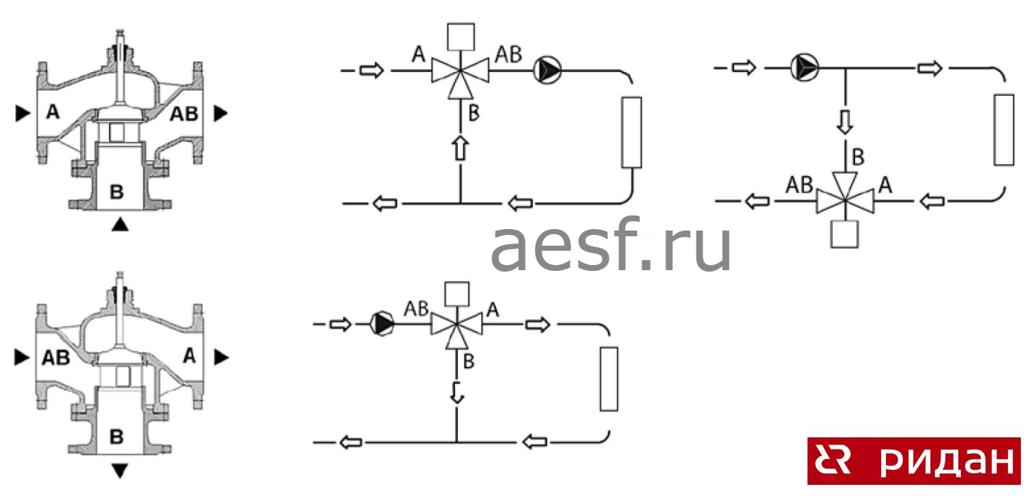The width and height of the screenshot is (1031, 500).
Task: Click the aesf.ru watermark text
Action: click(611, 247)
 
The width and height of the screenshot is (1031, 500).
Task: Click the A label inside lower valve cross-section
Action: click(189, 354)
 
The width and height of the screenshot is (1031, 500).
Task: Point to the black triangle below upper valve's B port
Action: click(120, 225)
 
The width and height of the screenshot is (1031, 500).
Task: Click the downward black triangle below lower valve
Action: click(120, 470)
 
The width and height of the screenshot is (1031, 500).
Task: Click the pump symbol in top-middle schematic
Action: click(547, 71)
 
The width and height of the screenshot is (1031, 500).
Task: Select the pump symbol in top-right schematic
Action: click(805, 68)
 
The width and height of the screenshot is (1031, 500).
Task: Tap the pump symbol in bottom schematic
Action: click(383, 324)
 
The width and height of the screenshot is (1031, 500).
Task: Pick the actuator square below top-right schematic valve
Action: click(844, 234)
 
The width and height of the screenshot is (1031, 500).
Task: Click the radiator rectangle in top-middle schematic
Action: click(631, 132)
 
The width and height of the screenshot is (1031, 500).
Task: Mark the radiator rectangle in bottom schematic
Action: click(609, 378)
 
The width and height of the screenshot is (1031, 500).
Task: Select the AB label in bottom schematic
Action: click(416, 308)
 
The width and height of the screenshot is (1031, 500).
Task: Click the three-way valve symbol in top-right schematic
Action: click(844, 195)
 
